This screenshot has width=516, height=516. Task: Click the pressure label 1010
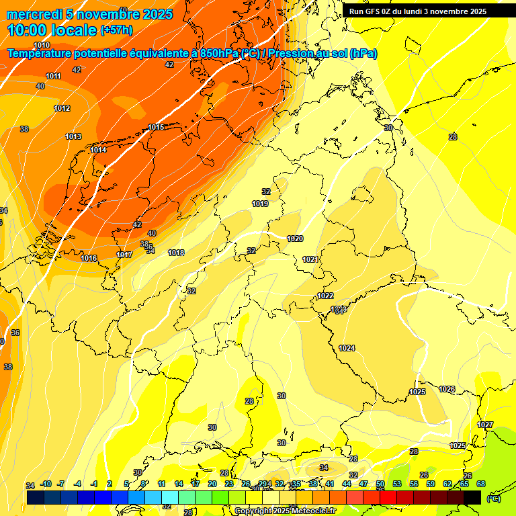(42, 64)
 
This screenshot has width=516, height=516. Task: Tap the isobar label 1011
(54, 76)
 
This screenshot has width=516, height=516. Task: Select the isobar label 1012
(62, 108)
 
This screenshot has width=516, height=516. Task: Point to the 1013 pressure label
(73, 136)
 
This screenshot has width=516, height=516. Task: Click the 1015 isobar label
(157, 127)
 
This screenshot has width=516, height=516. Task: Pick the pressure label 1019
(260, 204)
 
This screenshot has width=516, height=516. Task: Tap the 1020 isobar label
(295, 239)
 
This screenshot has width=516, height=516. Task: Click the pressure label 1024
(347, 348)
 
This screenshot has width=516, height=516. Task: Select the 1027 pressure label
(485, 425)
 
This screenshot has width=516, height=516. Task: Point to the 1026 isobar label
(447, 389)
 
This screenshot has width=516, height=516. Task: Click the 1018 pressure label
(176, 253)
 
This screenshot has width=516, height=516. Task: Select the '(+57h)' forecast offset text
(116, 30)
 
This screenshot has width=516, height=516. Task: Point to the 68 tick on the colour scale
(481, 484)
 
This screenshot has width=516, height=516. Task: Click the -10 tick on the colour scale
(46, 484)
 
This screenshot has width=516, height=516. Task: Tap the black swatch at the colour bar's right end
(473, 497)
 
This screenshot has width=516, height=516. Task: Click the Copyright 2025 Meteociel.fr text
(284, 511)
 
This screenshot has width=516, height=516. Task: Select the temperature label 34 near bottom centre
(324, 467)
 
